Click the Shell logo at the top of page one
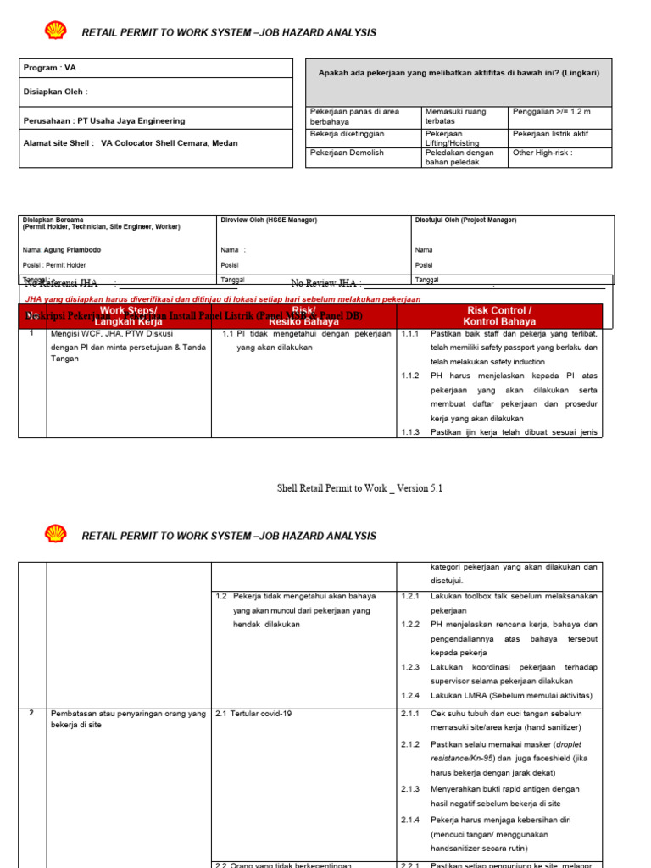pos(55,31)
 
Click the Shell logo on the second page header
pos(55,535)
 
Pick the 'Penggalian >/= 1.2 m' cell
pos(551,112)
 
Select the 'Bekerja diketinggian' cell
pos(348,134)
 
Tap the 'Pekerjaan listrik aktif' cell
pos(550,134)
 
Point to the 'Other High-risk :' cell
pos(542,153)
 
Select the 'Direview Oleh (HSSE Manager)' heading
pos(269,220)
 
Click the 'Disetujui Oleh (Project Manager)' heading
pos(465,220)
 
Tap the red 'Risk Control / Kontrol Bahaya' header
pos(499,316)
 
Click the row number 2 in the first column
pos(31,713)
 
